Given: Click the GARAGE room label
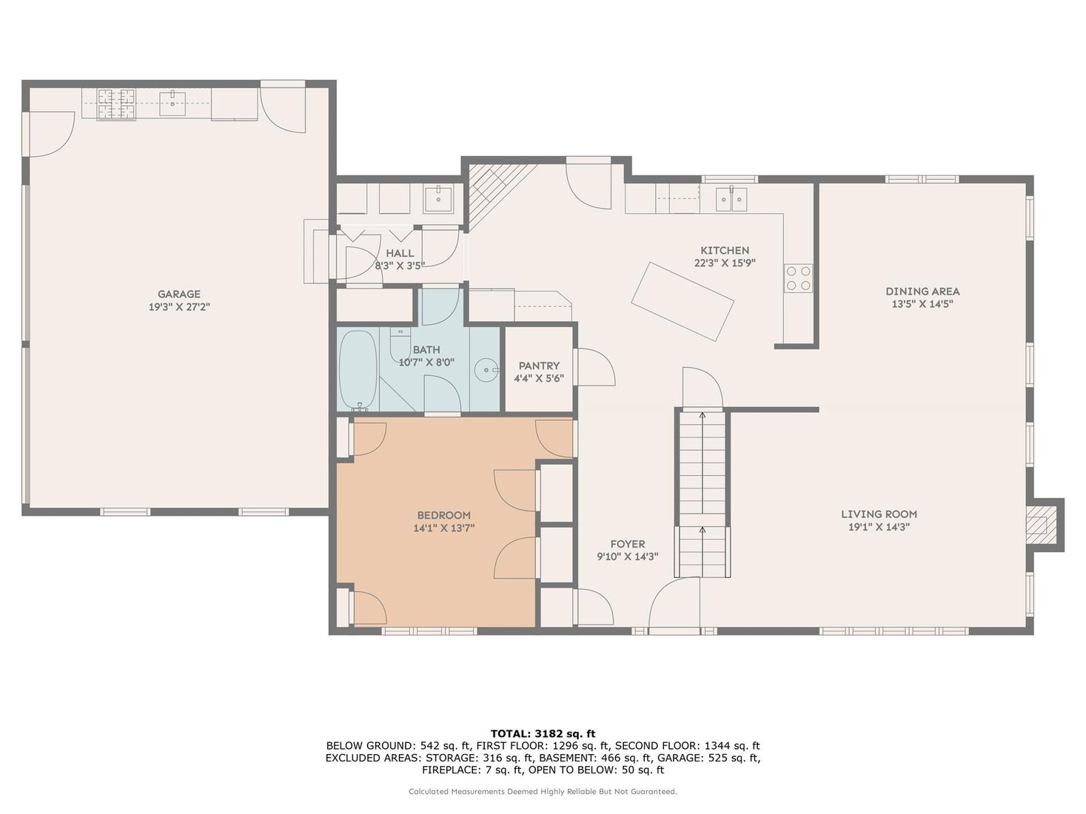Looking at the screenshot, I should point(178,294).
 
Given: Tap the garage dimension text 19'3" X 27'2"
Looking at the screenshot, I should point(179,307).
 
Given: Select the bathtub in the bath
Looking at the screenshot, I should point(358,370).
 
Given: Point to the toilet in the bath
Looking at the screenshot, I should point(400,345).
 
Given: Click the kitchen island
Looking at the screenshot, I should point(682,301).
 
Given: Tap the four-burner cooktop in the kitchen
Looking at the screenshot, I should point(799,278).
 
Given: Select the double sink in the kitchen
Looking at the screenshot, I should point(731,199).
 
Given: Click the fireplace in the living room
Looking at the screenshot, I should point(1039,525).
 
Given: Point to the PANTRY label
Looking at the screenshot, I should point(539,366).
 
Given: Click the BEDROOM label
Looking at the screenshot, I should point(443,515).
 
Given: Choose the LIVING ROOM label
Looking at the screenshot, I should point(879,514).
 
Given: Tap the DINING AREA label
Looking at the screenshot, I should point(922,291).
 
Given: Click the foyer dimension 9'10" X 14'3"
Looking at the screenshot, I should point(628,556).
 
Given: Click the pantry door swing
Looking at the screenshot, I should point(595,366).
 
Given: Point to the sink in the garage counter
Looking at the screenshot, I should point(172,104).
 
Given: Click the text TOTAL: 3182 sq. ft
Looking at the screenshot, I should point(543,733).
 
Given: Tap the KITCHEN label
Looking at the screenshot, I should point(725,250).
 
